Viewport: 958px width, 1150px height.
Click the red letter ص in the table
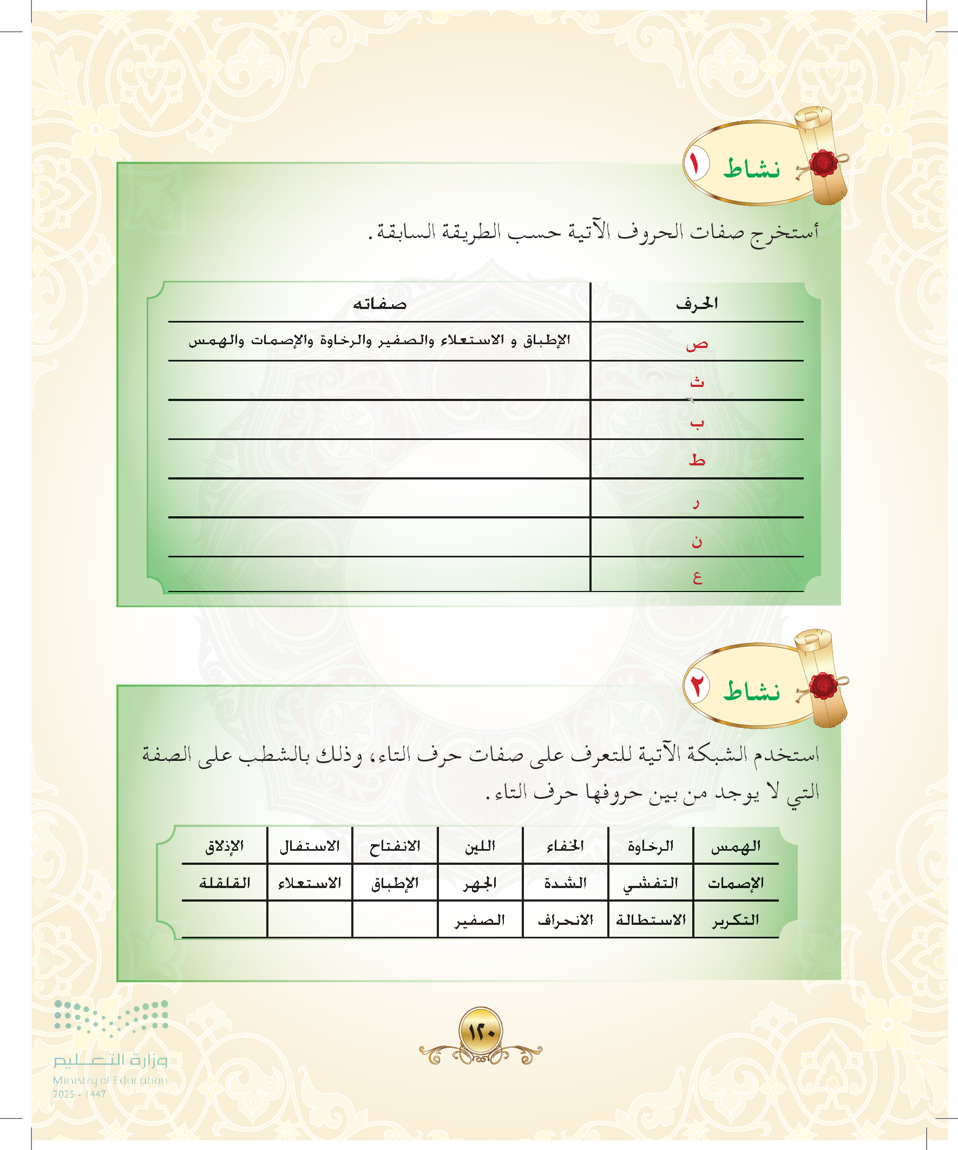pos(697,344)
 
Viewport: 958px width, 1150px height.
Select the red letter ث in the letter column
pos(697,382)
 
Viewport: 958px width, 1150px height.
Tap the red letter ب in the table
pos(696,423)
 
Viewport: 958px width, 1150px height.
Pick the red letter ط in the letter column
pos(697,459)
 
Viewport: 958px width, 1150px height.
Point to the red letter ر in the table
pos(695,503)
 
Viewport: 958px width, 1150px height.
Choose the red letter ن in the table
pos(696,541)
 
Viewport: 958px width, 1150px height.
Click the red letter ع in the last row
pos(697,578)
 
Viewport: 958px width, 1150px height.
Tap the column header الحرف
pos(696,303)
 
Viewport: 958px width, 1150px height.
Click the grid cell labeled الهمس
pos(736,846)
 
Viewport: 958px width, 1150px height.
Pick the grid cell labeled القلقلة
pos(225,883)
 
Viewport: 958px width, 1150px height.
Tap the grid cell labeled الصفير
pos(480,920)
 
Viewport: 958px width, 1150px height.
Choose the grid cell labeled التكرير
pos(736,920)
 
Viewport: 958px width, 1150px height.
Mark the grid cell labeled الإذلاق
pos(225,846)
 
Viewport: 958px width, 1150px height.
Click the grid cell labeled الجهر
pos(480,883)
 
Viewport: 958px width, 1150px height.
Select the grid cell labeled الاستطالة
pos(651,920)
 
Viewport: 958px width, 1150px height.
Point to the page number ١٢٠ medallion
pos(481,1031)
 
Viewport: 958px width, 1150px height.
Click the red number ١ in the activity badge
pos(695,164)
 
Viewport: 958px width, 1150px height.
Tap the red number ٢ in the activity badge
pos(696,686)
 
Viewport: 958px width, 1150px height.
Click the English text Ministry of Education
pos(110,1080)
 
